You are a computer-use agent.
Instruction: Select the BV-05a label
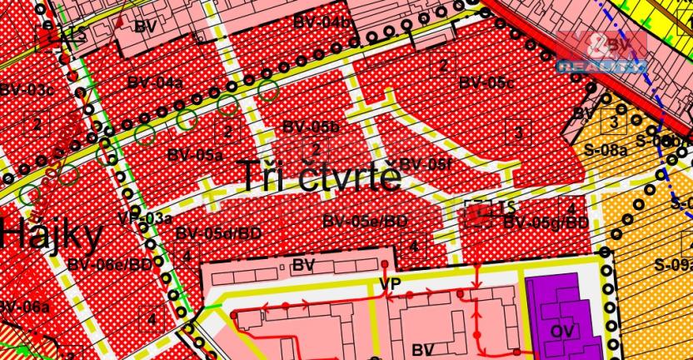tap(194, 154)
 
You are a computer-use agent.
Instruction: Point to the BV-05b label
tap(312, 127)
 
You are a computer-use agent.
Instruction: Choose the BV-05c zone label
tap(487, 83)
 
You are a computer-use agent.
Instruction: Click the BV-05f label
tap(426, 164)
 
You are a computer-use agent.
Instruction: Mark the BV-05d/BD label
tap(217, 234)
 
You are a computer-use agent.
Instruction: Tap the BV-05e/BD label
tap(365, 221)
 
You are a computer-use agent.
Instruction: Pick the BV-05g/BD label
tap(546, 222)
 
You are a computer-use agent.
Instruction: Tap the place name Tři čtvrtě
tap(322, 177)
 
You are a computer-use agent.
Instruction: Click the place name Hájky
tap(52, 234)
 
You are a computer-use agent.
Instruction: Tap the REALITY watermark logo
tap(601, 52)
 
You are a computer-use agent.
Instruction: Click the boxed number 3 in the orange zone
tap(614, 123)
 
